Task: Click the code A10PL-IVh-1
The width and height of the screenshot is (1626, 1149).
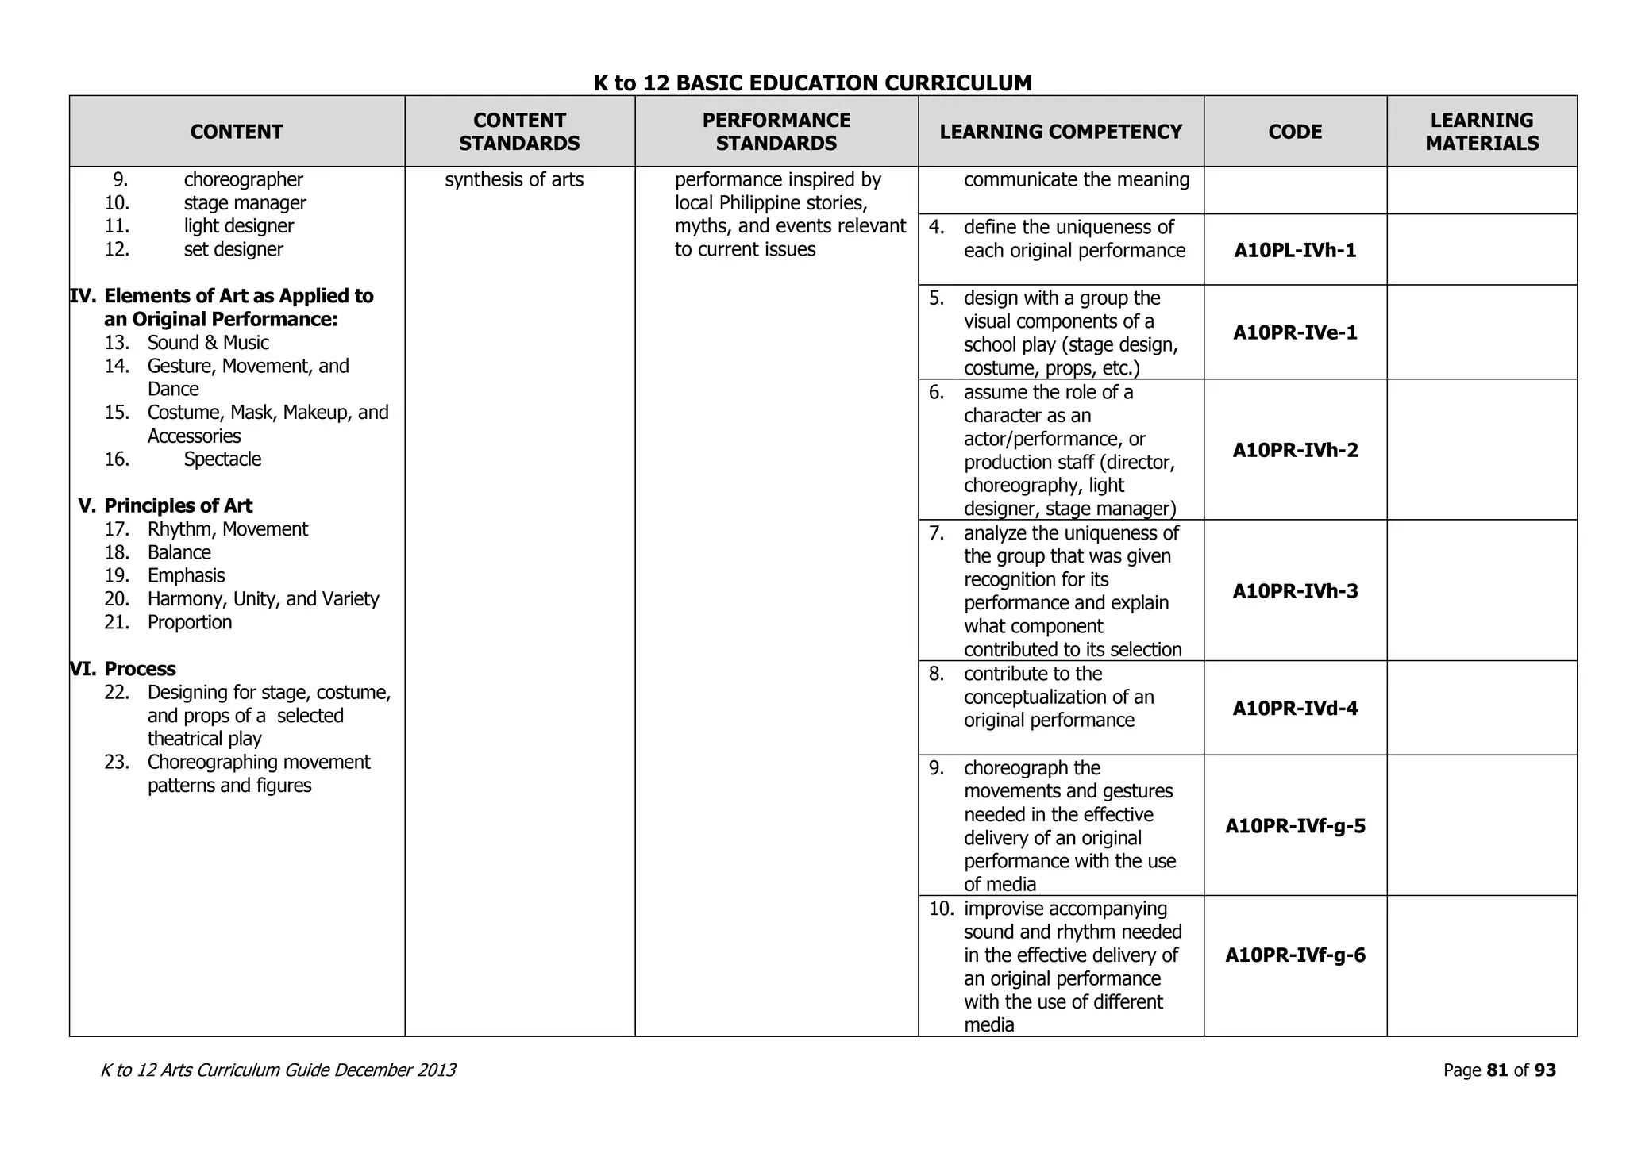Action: [1295, 251]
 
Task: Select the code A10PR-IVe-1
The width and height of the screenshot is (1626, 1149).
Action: [1295, 332]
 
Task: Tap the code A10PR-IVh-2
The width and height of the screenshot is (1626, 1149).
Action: [1295, 451]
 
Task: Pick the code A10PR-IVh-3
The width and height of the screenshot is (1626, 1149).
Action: [1295, 591]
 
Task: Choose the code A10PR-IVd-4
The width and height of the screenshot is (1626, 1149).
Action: [1295, 709]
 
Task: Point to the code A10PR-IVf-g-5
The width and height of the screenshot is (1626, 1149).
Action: [1295, 826]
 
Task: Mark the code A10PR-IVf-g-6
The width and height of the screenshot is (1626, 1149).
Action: [1295, 955]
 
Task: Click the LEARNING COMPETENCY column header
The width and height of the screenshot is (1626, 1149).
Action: [1061, 132]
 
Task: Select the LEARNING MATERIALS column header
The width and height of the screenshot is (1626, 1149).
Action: [1482, 132]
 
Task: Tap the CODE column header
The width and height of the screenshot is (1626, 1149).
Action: [1295, 132]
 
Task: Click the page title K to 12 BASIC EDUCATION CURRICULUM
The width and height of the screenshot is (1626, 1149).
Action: [812, 83]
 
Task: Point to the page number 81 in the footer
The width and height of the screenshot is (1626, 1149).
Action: [1497, 1070]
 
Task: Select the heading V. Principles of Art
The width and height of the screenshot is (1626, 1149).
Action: [165, 506]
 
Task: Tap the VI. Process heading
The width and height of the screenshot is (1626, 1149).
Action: [123, 669]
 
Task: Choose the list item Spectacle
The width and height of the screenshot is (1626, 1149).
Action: [222, 459]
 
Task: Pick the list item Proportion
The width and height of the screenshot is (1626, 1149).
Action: [190, 623]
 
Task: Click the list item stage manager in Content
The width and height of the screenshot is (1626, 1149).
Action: [245, 203]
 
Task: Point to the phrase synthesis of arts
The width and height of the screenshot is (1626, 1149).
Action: [514, 180]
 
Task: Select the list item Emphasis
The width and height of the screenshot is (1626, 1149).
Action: [186, 576]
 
